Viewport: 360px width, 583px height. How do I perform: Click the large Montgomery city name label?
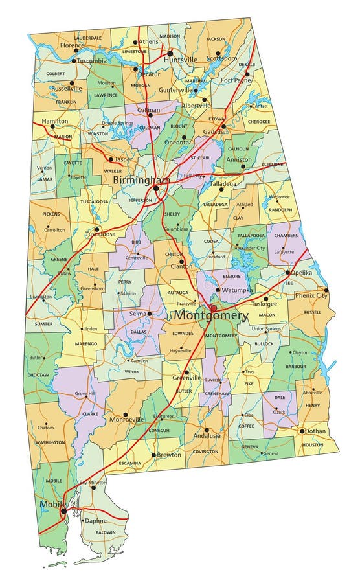pos(210,315)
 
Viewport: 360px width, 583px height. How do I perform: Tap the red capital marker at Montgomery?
pos(213,307)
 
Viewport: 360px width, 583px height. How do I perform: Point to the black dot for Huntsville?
pos(170,53)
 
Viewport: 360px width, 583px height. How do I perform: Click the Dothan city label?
pos(317,431)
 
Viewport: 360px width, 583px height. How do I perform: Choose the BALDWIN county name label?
pos(106,532)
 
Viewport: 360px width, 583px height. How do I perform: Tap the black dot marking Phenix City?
pos(326,290)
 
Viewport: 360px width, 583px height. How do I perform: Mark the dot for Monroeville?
pos(126,414)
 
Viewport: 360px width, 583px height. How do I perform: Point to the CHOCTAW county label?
pos(38,374)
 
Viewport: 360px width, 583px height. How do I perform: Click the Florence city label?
pos(72,46)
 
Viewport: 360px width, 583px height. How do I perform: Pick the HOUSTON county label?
pos(313,445)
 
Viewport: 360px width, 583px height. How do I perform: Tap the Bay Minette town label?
pos(92,483)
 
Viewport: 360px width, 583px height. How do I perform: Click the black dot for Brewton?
pos(153,455)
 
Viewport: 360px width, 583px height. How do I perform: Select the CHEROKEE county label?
pos(259,121)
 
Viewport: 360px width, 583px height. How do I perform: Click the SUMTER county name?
pos(43,322)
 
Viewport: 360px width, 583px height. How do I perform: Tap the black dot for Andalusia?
pos(207,429)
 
